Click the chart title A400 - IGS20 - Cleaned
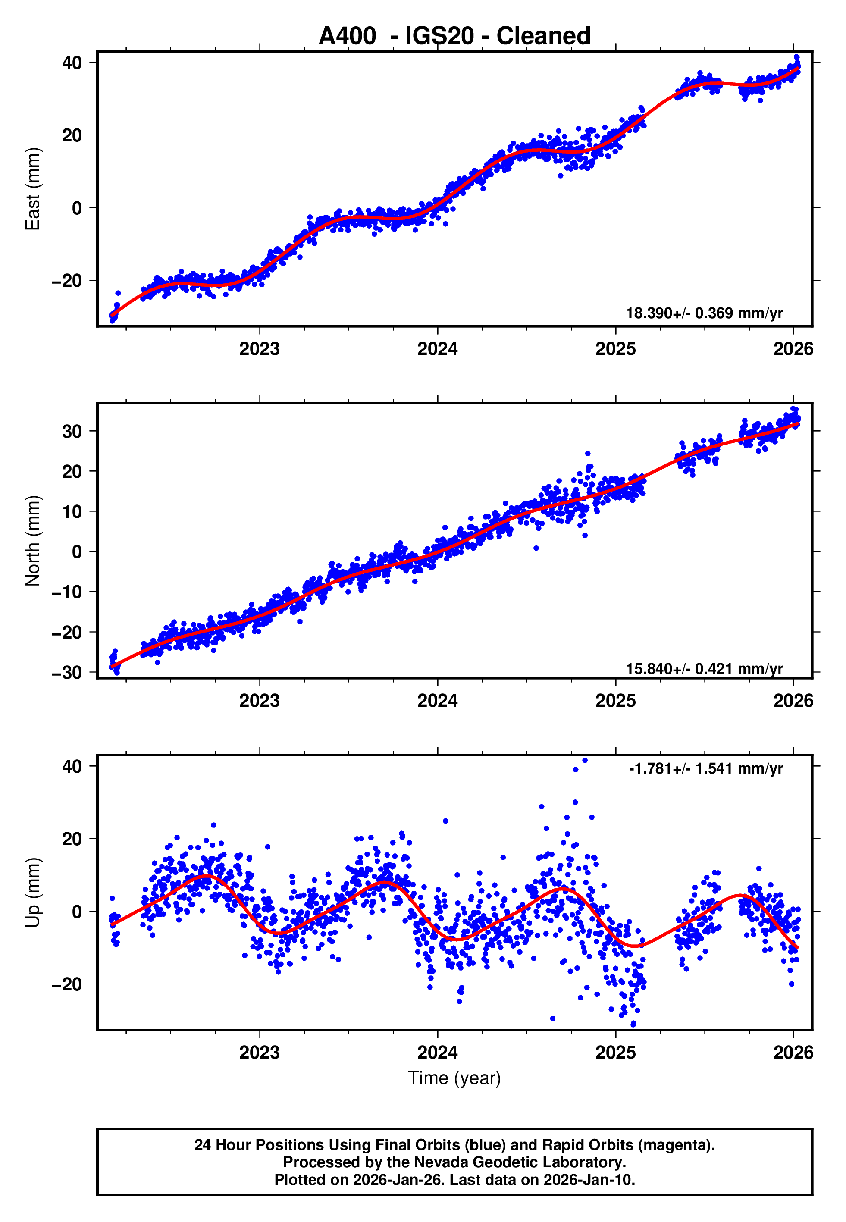tap(454, 36)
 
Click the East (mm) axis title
tap(33, 189)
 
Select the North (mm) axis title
tap(33, 541)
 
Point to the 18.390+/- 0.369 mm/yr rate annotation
tap(704, 313)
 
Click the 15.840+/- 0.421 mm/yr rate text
tap(704, 669)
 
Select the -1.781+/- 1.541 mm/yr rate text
tap(705, 768)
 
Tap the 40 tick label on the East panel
tap(72, 63)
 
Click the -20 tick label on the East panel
tap(67, 280)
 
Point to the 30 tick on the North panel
tap(72, 431)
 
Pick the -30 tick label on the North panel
tap(67, 673)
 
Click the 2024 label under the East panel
tap(437, 349)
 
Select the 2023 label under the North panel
tap(259, 701)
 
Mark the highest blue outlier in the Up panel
tap(585, 761)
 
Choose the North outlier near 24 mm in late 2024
tap(588, 454)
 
